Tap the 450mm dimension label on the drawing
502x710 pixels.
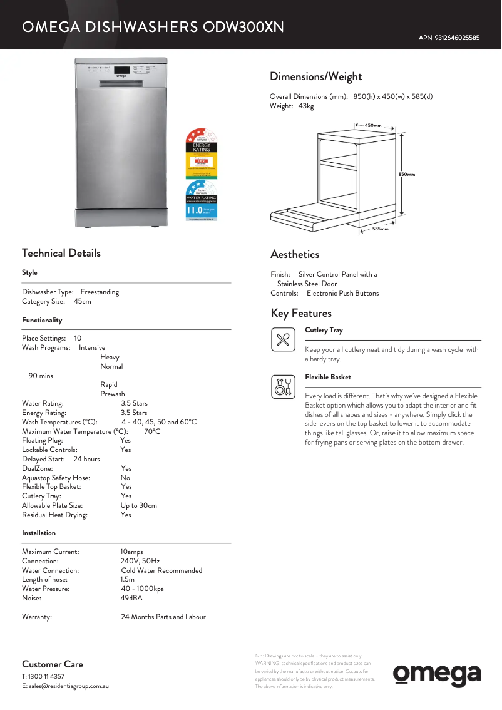click(373, 126)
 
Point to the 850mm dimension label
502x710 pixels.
click(407, 174)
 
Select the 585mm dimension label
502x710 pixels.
click(381, 229)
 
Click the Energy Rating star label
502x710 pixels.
click(202, 153)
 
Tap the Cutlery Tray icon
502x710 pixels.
click(283, 339)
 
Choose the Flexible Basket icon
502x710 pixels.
click(283, 387)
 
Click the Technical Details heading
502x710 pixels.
click(61, 253)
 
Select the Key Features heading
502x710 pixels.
click(301, 313)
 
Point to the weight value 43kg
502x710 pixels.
click(306, 106)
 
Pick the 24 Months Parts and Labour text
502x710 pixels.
click(163, 617)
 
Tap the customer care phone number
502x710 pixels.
click(47, 676)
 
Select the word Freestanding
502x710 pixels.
click(100, 292)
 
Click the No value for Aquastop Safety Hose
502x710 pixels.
click(125, 478)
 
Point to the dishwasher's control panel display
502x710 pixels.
click(123, 69)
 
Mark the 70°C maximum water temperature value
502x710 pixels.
click(152, 431)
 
